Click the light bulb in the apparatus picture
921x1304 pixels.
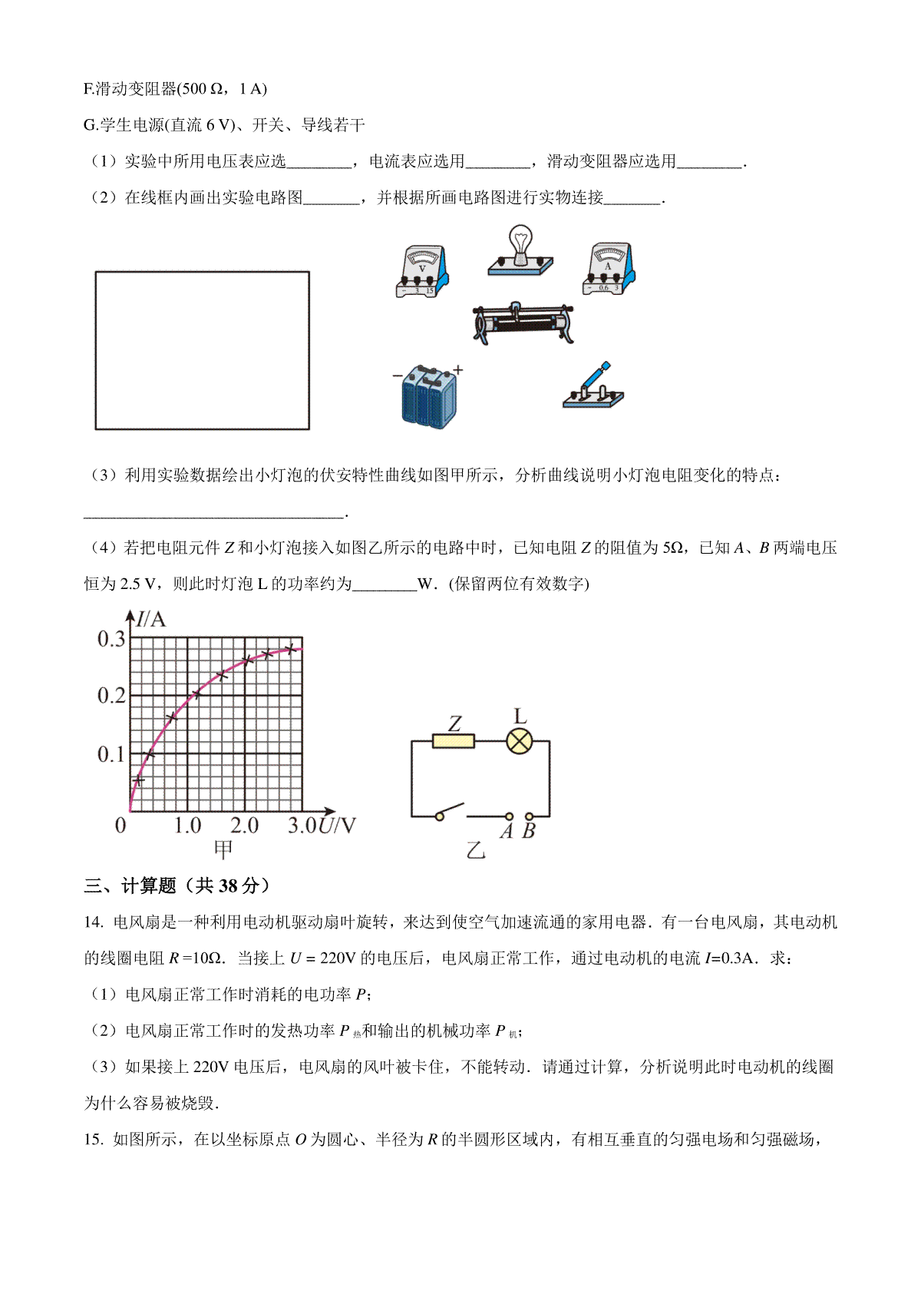[x=520, y=247]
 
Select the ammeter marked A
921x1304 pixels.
[x=609, y=269]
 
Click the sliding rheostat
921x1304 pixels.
[x=523, y=323]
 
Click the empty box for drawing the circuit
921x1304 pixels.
[x=202, y=350]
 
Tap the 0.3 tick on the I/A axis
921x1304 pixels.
[x=111, y=639]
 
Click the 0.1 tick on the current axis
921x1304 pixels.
[x=111, y=754]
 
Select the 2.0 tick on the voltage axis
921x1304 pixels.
[x=244, y=826]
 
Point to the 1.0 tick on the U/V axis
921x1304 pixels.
[x=187, y=826]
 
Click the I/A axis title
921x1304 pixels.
[x=151, y=619]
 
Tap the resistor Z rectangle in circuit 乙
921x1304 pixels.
[x=454, y=741]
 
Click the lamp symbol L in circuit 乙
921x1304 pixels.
[x=520, y=741]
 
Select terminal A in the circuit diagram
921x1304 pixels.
[x=508, y=816]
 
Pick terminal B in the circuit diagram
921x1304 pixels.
[x=529, y=816]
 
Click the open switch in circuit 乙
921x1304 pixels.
[x=451, y=811]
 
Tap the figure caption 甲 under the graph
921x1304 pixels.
[x=223, y=849]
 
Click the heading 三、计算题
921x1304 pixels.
[x=177, y=885]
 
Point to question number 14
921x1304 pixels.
[x=93, y=922]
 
